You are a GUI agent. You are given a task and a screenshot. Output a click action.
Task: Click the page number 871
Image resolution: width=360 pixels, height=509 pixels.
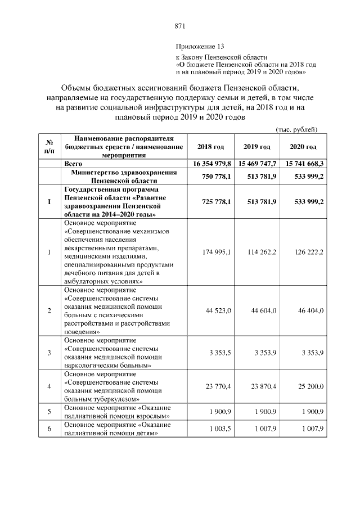(180, 26)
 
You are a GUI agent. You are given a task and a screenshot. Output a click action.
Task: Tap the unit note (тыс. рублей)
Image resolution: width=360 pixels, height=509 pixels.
(296, 130)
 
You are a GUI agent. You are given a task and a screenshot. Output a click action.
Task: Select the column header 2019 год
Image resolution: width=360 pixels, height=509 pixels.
(257, 147)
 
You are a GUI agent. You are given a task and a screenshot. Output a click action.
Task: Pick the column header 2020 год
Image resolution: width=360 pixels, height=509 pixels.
(303, 147)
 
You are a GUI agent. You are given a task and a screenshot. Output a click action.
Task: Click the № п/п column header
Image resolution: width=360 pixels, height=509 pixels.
(49, 147)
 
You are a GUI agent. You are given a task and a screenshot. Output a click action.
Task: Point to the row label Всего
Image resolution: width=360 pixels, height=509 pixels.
(74, 163)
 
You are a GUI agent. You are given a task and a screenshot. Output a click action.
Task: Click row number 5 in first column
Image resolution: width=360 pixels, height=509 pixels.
(49, 412)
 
